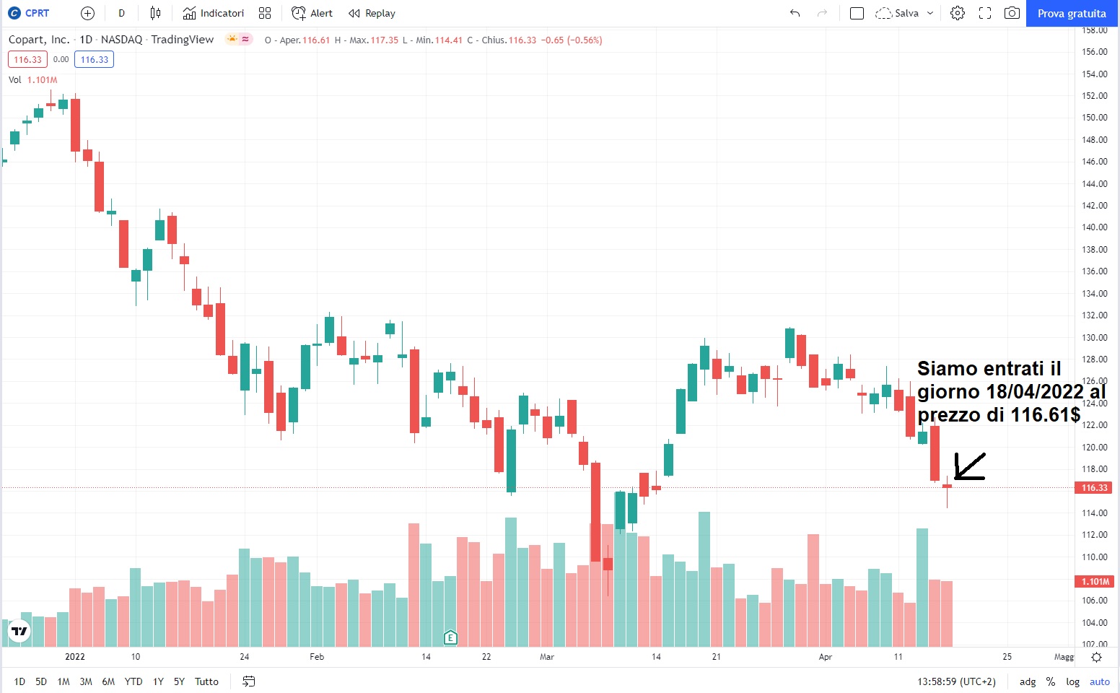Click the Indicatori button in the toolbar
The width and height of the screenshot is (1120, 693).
click(214, 13)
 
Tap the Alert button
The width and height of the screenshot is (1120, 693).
click(312, 13)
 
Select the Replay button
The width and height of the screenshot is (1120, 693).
click(372, 13)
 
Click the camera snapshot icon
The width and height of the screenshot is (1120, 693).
click(1012, 13)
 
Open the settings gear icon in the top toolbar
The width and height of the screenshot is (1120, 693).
click(958, 13)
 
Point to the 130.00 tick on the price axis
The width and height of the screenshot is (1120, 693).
click(1094, 337)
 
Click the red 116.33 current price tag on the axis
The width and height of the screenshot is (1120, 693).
click(1094, 488)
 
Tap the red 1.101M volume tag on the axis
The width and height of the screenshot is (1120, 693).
click(1094, 582)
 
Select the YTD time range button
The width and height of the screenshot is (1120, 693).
click(134, 681)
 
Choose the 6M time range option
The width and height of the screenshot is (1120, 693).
click(108, 681)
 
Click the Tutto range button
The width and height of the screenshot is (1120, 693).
click(206, 681)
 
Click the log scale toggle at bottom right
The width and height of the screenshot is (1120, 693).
click(1073, 681)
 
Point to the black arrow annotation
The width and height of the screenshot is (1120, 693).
click(970, 466)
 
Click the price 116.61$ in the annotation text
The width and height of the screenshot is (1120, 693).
click(1045, 415)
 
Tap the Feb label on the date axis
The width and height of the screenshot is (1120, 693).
click(317, 657)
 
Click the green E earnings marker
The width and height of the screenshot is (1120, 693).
click(450, 637)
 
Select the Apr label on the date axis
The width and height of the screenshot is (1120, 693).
click(826, 657)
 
